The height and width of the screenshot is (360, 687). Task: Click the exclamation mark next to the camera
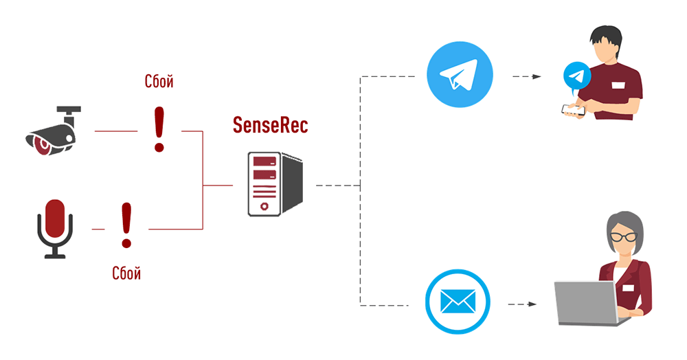[159, 128]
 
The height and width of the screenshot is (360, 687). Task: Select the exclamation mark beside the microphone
[126, 225]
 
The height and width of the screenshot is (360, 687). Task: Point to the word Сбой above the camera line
[159, 82]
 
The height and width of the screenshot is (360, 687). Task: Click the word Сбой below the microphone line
[126, 273]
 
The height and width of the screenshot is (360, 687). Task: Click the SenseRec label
[270, 126]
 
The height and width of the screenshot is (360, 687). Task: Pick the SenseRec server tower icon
[275, 184]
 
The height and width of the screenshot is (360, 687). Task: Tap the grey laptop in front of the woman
[588, 302]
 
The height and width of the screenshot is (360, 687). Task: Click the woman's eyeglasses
[624, 236]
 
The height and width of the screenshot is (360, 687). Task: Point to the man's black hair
[607, 34]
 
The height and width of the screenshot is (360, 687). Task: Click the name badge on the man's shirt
[618, 85]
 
